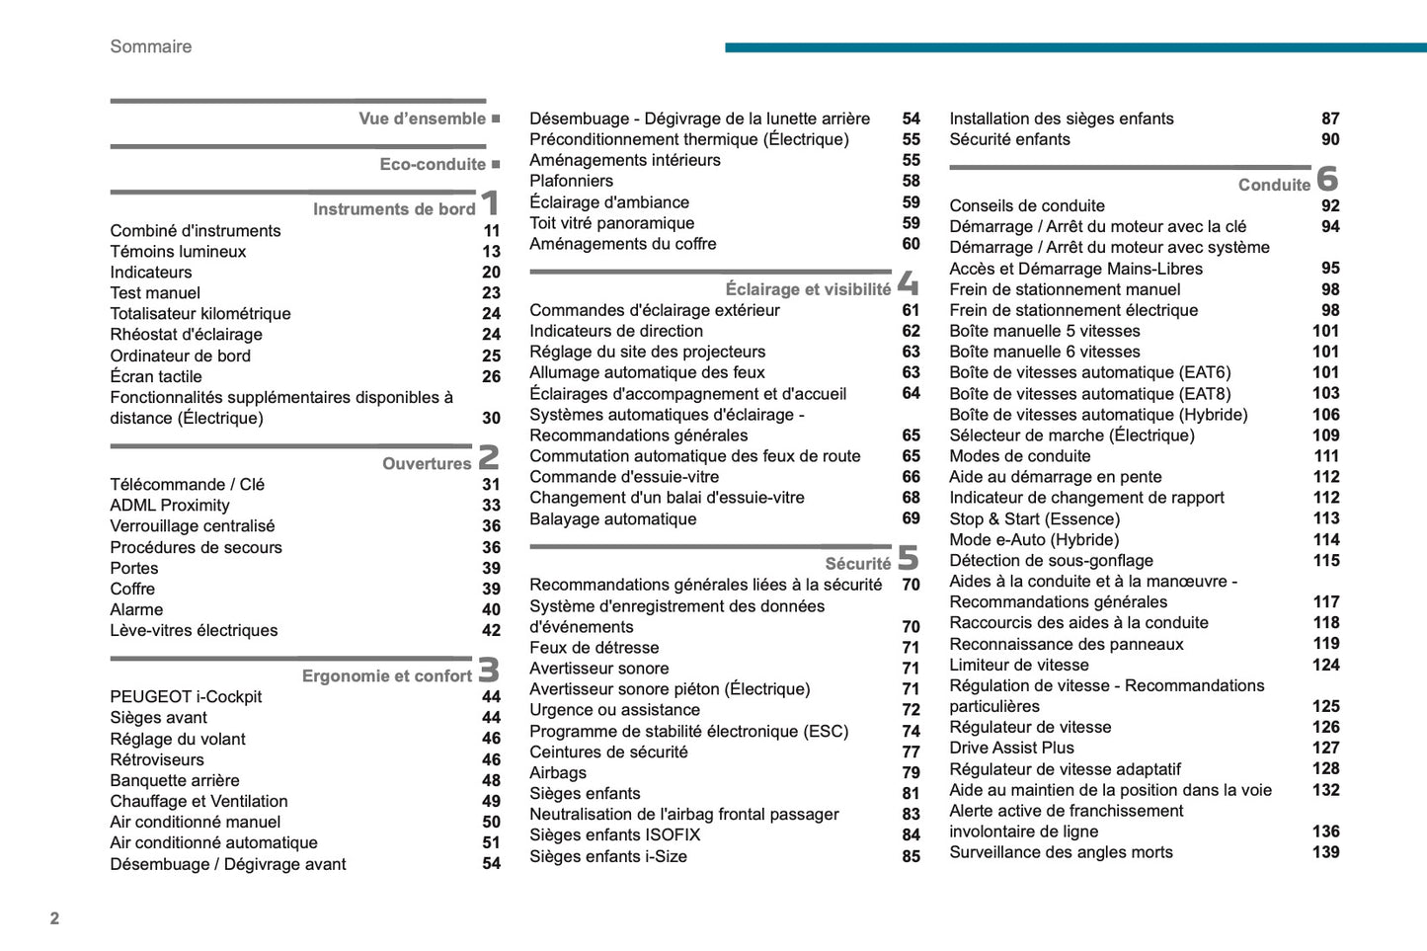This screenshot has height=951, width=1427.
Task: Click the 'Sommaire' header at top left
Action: click(x=150, y=46)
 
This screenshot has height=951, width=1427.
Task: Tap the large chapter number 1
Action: click(x=490, y=203)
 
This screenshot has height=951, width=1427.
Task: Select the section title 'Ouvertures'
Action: click(x=427, y=463)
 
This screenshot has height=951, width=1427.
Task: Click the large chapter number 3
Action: click(x=489, y=670)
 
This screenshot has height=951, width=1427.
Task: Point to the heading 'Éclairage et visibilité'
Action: click(x=808, y=289)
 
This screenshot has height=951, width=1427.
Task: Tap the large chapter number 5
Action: click(x=908, y=558)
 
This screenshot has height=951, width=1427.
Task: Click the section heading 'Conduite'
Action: click(x=1274, y=185)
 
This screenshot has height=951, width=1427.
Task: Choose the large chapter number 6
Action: click(x=1327, y=179)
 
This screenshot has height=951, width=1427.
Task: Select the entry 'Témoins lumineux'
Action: click(x=178, y=252)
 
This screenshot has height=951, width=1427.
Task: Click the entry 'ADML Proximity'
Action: click(x=170, y=506)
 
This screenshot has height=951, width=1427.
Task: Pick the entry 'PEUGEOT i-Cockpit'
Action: click(x=186, y=697)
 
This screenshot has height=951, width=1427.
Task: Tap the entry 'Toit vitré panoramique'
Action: click(x=611, y=223)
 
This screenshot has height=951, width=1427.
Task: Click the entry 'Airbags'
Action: click(x=558, y=773)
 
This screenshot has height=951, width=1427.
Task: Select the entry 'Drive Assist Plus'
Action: click(x=1011, y=749)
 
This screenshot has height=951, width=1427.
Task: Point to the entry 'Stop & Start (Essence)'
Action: click(x=1034, y=519)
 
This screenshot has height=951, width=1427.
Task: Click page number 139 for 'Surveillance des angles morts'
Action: click(x=1325, y=852)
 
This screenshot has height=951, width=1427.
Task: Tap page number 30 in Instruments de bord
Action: click(x=491, y=419)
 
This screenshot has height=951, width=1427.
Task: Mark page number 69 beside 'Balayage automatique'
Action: click(x=911, y=519)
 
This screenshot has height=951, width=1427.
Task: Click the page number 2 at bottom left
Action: click(x=54, y=918)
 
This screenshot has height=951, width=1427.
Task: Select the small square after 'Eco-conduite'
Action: click(x=496, y=164)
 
